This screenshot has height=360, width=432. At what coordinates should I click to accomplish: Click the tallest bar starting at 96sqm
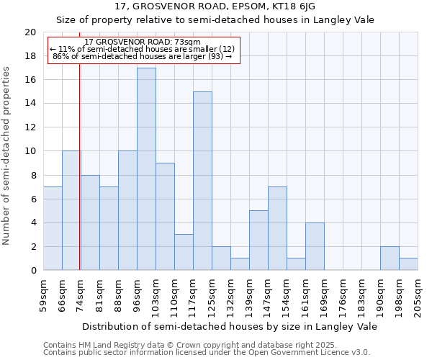[146, 169]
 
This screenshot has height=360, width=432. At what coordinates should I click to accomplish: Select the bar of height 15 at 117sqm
[202, 181]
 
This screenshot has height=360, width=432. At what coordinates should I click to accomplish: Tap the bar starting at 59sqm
[53, 228]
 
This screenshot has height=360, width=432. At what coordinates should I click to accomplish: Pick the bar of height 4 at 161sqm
[315, 246]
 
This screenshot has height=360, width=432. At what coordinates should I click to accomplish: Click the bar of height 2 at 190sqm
[390, 258]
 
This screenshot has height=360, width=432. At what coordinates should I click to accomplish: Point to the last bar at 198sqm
[408, 264]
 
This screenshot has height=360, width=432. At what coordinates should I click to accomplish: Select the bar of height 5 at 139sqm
[258, 240]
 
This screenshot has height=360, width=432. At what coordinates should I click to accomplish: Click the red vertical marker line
[79, 180]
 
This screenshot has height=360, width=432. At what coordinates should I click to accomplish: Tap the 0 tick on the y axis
[33, 271]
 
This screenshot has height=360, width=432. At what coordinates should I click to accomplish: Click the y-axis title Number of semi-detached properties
[7, 156]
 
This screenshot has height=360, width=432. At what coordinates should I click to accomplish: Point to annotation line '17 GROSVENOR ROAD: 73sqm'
[143, 42]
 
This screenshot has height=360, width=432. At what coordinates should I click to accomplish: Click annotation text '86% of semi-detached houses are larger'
[143, 56]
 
